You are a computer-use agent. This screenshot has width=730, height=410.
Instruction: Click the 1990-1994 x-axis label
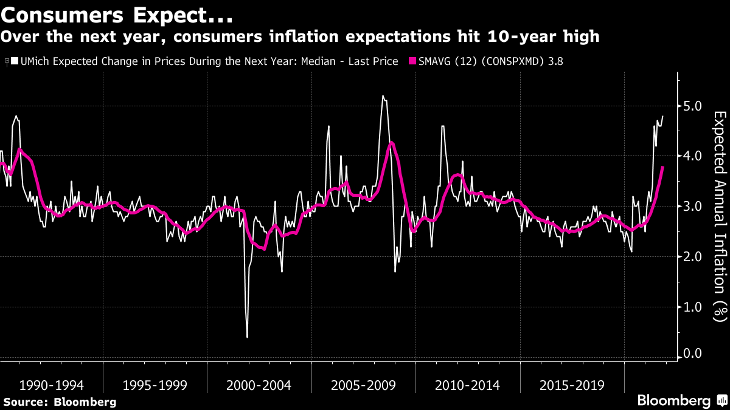click(52, 385)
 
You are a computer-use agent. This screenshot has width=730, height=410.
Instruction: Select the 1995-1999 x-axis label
click(155, 385)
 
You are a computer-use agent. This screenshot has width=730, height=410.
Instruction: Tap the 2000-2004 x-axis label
click(259, 385)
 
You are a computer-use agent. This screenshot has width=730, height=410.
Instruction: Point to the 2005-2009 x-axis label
click(363, 385)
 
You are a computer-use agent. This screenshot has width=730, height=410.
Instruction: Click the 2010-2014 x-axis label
click(467, 385)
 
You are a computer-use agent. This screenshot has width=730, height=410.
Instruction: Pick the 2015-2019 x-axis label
click(571, 385)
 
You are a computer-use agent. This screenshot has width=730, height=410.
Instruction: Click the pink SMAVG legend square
click(412, 61)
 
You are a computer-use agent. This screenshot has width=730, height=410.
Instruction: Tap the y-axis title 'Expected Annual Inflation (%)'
click(720, 216)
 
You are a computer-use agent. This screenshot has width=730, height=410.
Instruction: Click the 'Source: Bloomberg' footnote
click(60, 401)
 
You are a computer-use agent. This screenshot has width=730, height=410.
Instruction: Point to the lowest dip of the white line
click(247, 337)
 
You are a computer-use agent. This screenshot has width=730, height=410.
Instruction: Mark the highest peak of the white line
click(383, 95)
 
